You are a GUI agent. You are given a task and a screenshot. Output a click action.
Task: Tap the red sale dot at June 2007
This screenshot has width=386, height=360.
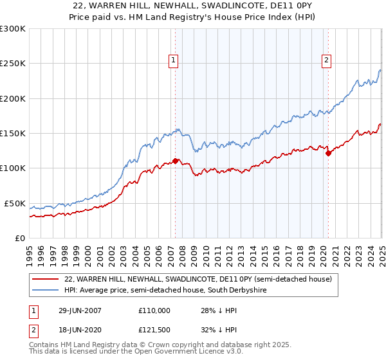[x=175, y=161]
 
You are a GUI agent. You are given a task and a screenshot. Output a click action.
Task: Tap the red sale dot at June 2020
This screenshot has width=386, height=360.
[x=328, y=153]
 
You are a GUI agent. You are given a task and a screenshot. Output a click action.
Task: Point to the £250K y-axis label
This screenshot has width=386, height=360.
[x=13, y=64]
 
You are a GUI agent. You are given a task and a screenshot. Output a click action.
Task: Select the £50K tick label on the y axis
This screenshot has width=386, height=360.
[x=15, y=203]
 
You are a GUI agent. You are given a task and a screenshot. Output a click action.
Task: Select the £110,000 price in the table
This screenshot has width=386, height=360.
[x=154, y=310]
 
